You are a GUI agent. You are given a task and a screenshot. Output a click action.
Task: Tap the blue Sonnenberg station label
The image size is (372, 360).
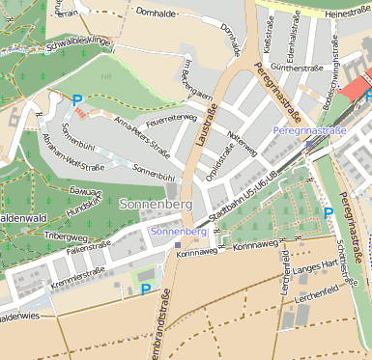pos(179,233)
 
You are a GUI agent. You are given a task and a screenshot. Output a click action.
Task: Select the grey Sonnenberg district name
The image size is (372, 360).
pos(149,205)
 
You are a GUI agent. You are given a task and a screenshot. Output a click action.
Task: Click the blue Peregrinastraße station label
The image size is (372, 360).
pos(309,128)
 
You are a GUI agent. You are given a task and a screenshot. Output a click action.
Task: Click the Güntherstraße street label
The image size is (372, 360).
pos(297,69)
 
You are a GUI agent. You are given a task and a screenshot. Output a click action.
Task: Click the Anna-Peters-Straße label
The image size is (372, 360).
pos(142,136)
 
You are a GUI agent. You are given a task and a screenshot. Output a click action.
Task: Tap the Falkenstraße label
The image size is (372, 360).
pos(78,249)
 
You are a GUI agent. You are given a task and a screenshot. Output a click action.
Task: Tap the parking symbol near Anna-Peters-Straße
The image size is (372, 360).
pos(77,99)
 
